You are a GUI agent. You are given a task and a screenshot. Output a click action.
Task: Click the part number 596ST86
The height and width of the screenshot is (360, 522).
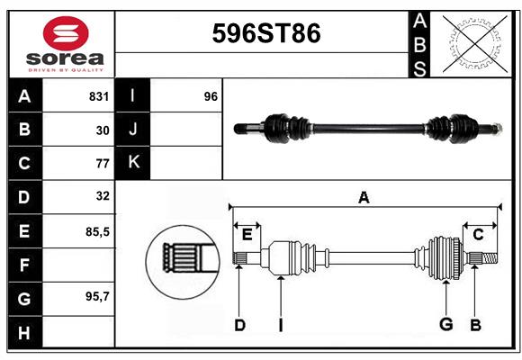click(x=265, y=34)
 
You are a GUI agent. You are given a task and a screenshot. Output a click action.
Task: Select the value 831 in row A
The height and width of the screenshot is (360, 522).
click(x=98, y=96)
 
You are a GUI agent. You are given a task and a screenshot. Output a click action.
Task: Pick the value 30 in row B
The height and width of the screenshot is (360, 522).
click(x=102, y=130)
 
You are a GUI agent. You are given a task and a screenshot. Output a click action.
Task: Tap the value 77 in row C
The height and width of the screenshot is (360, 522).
click(x=102, y=163)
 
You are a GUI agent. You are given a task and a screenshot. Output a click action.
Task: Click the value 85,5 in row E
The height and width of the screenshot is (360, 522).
click(x=97, y=231)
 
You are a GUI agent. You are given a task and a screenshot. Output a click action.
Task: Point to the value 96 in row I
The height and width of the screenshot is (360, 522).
click(x=211, y=96)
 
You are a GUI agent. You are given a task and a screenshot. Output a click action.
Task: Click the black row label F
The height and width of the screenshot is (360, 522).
click(x=24, y=265)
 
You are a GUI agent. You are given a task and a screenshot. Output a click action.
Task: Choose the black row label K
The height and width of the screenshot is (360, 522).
click(x=133, y=163)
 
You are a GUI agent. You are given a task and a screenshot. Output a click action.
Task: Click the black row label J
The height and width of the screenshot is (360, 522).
click(x=133, y=130)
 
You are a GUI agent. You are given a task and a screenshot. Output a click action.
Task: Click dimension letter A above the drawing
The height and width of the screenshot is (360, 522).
click(x=364, y=198)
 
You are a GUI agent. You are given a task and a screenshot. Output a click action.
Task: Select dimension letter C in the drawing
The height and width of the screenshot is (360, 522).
click(x=478, y=234)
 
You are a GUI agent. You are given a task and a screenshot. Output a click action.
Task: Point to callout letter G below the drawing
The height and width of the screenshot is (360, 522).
click(x=445, y=325)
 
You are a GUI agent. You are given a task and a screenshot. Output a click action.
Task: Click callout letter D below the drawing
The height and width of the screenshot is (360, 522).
click(x=239, y=325)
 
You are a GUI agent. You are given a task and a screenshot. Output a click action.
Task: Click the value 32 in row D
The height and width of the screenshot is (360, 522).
click(x=102, y=196)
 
